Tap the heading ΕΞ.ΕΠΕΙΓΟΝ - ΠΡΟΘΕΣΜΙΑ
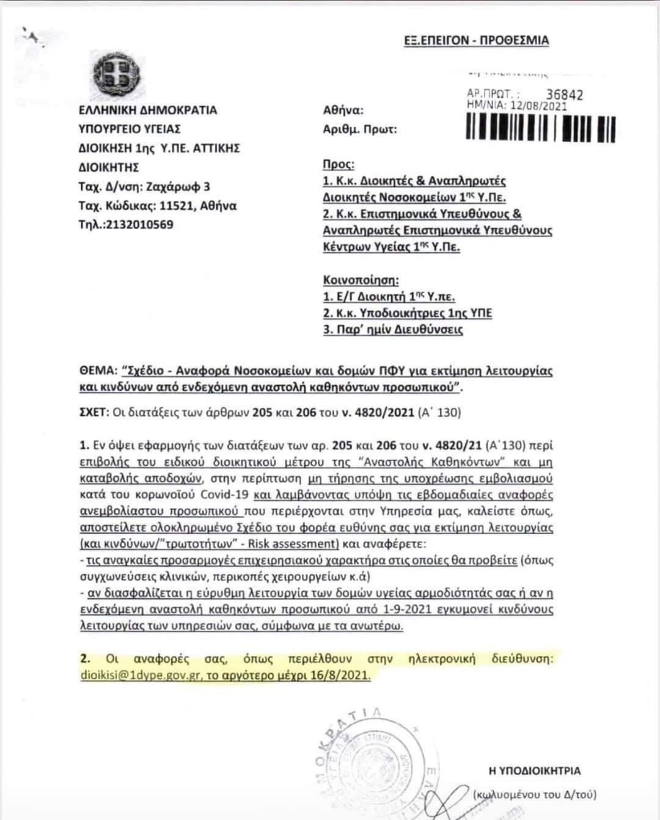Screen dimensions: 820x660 pyautogui.click(x=477, y=41)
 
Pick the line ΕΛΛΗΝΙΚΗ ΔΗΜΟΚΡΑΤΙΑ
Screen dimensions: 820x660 pyautogui.click(x=148, y=110)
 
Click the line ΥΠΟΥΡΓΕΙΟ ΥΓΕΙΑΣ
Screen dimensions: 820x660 pyautogui.click(x=130, y=129)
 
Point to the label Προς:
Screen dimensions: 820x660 pyautogui.click(x=338, y=164)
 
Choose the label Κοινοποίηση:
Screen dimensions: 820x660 pyautogui.click(x=361, y=280)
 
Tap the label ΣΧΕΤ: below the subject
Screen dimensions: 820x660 pyautogui.click(x=94, y=413)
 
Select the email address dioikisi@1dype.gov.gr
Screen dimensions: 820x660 pyautogui.click(x=140, y=676)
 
